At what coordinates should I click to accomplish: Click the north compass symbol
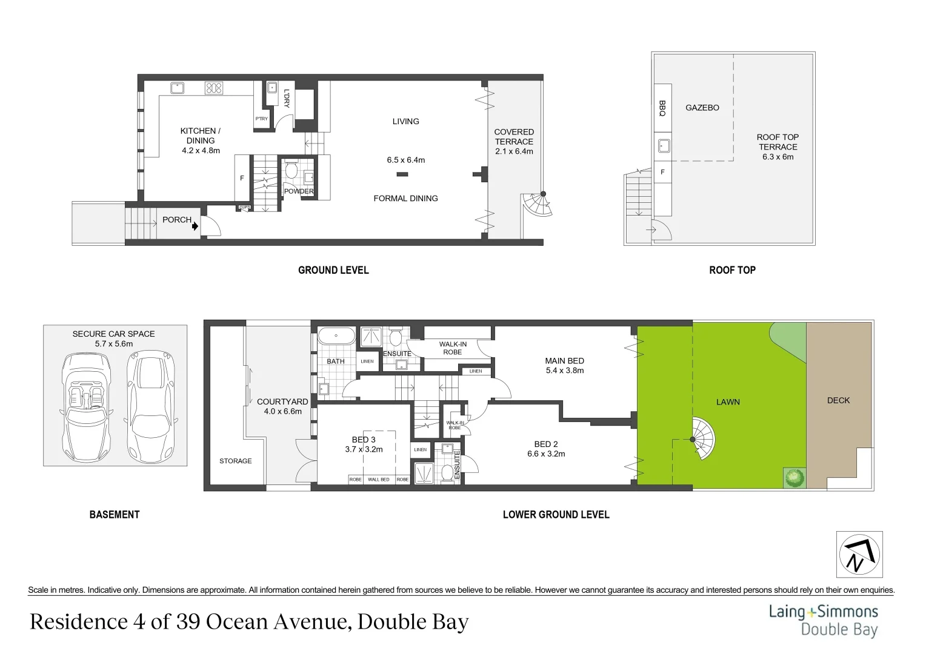click(859, 555)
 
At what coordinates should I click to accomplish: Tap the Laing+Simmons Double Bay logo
click(823, 620)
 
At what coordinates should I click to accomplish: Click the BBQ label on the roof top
click(662, 108)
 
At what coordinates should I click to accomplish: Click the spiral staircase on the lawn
click(701, 438)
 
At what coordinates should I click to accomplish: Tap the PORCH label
click(176, 220)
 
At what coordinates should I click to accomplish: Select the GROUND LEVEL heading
click(333, 270)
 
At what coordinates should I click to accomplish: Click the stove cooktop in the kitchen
click(214, 88)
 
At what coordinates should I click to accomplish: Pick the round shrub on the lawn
click(793, 477)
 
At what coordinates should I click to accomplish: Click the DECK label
click(838, 400)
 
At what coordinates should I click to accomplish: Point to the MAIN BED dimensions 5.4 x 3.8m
click(564, 371)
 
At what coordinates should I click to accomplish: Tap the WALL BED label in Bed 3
click(379, 480)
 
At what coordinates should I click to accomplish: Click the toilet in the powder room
click(290, 170)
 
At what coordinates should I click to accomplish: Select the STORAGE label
click(235, 461)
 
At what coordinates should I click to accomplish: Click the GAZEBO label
click(702, 108)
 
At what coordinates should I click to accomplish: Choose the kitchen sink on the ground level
click(176, 88)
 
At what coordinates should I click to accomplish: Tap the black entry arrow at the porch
click(195, 226)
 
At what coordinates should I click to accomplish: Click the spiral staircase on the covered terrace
click(538, 204)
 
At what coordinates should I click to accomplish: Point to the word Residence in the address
click(75, 622)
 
